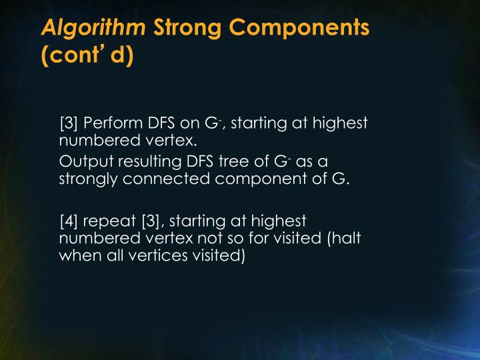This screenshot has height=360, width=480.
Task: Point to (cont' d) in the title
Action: point(87,55)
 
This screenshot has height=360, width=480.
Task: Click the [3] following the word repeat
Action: point(150,221)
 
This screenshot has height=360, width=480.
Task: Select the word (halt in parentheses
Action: point(339,237)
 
